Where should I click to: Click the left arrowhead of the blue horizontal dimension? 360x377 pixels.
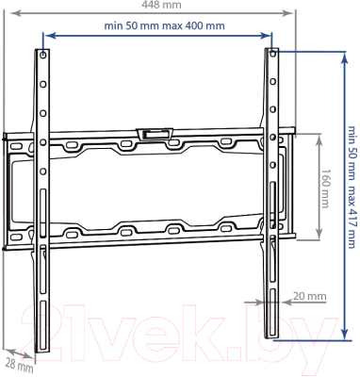pos(48,38)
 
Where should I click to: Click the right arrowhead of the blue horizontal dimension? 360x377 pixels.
pos(267,38)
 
